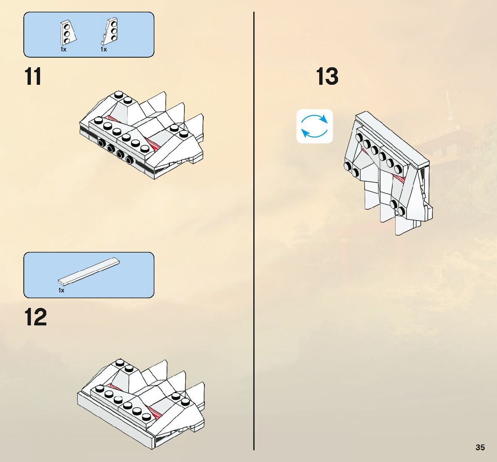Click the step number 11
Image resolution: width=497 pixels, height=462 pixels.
click(x=33, y=77)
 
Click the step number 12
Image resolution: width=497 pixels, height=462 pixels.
click(x=35, y=318)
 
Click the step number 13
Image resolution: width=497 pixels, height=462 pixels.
click(x=327, y=77)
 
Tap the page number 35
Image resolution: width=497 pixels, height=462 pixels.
click(x=480, y=447)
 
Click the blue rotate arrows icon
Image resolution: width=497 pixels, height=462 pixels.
click(x=315, y=126)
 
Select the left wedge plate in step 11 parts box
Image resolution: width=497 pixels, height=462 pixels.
click(x=67, y=33)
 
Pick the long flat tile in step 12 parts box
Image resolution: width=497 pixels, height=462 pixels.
click(x=89, y=271)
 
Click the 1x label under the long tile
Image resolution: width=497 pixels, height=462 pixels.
click(x=61, y=290)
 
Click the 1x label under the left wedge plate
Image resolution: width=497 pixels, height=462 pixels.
click(x=63, y=49)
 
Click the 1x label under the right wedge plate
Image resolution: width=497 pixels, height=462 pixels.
click(x=103, y=49)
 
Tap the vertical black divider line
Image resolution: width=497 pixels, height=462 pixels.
click(x=254, y=230)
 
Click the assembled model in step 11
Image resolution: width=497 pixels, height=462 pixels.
click(x=142, y=136)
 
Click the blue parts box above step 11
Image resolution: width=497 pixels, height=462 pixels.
click(x=89, y=35)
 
